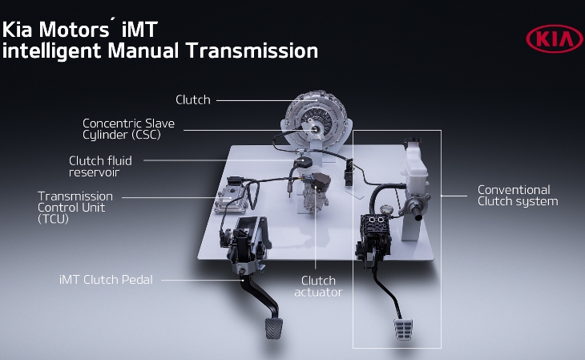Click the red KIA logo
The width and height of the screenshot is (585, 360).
click(x=555, y=38)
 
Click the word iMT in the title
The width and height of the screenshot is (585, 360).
click(x=139, y=30)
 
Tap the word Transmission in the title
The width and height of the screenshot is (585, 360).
click(x=252, y=51)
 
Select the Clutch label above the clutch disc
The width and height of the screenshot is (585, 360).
click(x=193, y=99)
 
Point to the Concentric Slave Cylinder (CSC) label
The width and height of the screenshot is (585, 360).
click(x=129, y=129)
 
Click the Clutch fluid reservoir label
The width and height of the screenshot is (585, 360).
click(x=100, y=166)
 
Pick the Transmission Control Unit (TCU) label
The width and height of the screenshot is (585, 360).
click(x=75, y=208)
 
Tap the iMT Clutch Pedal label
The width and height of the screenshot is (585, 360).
click(x=106, y=279)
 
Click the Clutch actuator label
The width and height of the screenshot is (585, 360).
click(x=318, y=286)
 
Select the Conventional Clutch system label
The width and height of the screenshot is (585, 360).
click(x=518, y=196)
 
